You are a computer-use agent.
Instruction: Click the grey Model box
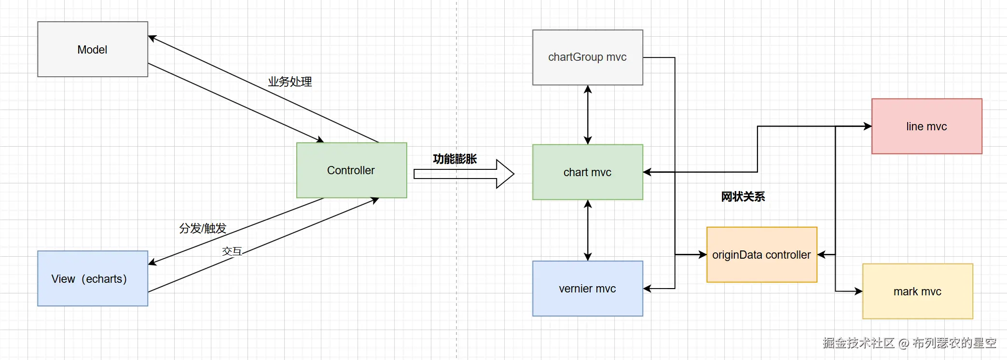pos(93,49)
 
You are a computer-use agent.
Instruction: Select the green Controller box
pos(352,170)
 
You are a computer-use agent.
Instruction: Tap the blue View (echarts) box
pos(93,278)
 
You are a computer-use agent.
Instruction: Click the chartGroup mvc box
pos(588,57)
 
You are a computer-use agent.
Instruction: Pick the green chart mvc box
pos(588,172)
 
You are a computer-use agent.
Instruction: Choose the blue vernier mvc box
pos(588,289)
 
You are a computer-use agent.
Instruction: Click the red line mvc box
pos(927,126)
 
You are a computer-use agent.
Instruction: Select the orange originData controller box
pos(762,255)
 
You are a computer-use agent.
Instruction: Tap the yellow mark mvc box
pos(918,291)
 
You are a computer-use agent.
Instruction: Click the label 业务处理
pos(290,82)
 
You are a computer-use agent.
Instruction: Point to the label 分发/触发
pos(203,228)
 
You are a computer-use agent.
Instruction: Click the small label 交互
pos(232,251)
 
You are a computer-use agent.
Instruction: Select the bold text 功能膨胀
pos(455,159)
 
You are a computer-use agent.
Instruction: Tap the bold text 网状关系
pos(743,197)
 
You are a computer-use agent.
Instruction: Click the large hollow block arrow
pos(464,174)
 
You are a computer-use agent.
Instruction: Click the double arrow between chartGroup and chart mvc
pos(588,115)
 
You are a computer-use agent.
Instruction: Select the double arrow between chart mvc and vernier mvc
pos(588,230)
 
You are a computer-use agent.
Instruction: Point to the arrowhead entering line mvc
pos(868,126)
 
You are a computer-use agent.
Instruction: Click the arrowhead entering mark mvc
pos(858,291)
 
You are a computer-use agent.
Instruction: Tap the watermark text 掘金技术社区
pos(859,343)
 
